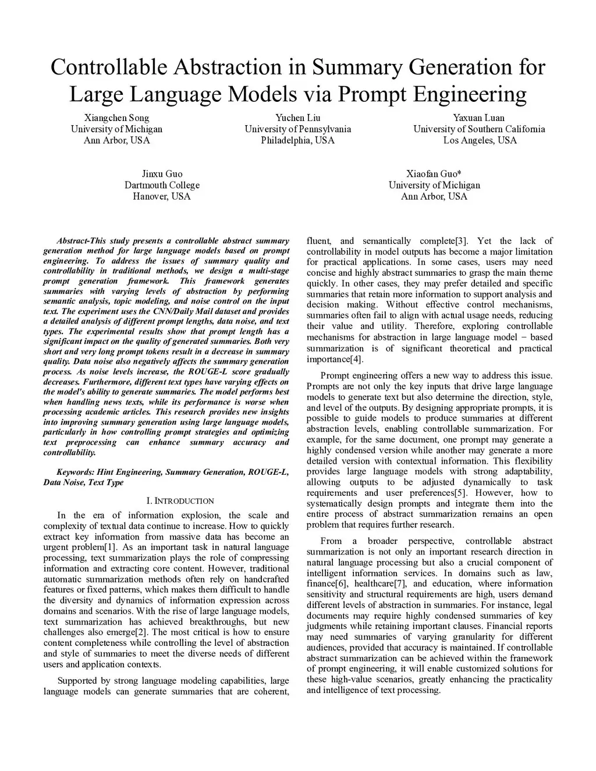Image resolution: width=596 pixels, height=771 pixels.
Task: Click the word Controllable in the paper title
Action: [x=108, y=67]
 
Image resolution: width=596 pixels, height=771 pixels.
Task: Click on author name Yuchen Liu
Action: [x=297, y=118]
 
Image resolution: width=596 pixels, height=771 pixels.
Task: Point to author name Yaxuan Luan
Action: [x=479, y=118]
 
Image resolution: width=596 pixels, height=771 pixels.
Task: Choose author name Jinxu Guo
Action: [x=162, y=174]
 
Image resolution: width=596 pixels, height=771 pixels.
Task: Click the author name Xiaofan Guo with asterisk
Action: [x=434, y=174]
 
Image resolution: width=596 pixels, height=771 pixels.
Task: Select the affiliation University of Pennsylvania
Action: [x=297, y=129]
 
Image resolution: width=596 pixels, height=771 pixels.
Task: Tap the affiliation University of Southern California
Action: [x=479, y=129]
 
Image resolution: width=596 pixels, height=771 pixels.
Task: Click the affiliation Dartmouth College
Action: [x=162, y=185]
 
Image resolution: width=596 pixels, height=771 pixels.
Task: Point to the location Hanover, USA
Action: [x=162, y=196]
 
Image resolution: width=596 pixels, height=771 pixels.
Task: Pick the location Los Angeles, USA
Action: [x=479, y=140]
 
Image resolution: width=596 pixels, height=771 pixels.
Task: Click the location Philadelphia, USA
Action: [x=297, y=140]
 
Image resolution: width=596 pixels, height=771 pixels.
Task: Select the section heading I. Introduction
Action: [x=180, y=500]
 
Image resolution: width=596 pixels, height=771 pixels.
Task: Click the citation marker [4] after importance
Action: [x=357, y=359]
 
